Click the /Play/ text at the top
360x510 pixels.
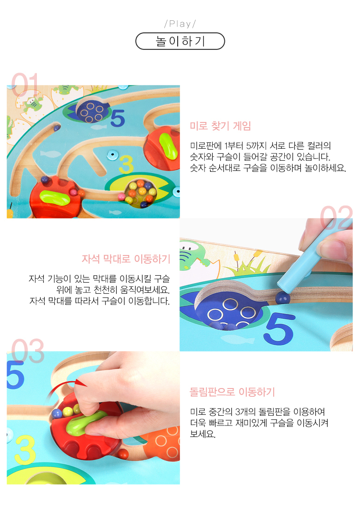[180, 24]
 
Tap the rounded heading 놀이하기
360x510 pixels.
[180, 41]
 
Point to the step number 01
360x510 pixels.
[25, 84]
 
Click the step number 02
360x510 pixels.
[336, 217]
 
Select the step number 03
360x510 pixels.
[28, 351]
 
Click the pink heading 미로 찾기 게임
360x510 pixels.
[220, 126]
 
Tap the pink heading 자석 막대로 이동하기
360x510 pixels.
[126, 259]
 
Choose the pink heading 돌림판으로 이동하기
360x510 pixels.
[232, 392]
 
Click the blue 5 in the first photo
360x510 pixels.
[118, 118]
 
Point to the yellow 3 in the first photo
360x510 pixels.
[126, 164]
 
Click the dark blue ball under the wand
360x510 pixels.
[282, 297]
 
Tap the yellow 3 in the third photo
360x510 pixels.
[25, 450]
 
